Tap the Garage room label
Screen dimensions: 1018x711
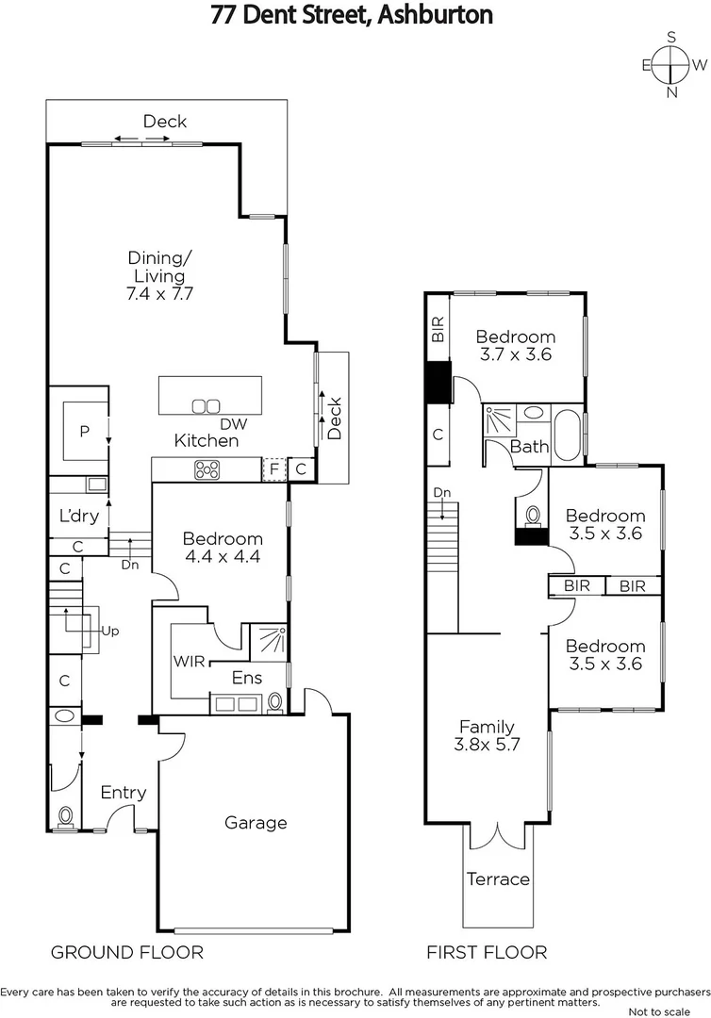tap(256, 823)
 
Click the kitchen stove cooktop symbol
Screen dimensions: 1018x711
tap(207, 469)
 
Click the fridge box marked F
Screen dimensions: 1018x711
tap(273, 469)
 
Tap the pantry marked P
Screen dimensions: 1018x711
tap(84, 432)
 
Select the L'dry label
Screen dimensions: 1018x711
tap(79, 517)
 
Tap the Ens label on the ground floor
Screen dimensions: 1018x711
tap(248, 677)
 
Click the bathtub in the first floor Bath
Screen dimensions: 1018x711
tap(567, 435)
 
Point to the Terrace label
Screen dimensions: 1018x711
tap(498, 879)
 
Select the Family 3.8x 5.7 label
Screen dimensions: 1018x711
tap(487, 734)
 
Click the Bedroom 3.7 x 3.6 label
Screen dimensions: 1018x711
tap(515, 346)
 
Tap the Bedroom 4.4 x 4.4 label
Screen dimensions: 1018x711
tap(223, 548)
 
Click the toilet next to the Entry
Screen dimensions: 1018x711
tap(66, 815)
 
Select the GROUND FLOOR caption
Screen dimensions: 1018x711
tap(126, 952)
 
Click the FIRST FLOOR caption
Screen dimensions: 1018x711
tap(487, 952)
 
